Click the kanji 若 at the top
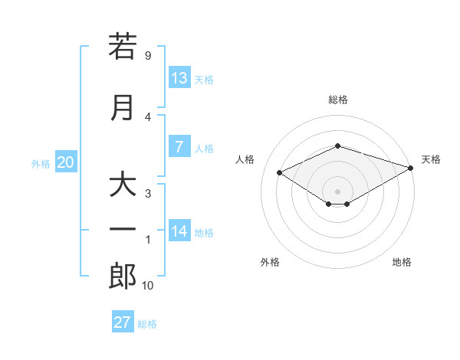(x=123, y=46)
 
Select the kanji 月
(x=122, y=108)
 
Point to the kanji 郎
(x=123, y=277)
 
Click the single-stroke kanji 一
(x=123, y=229)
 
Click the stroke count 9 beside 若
(x=148, y=55)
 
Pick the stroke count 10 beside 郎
(x=147, y=285)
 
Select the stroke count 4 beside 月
(x=148, y=117)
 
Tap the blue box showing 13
(x=179, y=77)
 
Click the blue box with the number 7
(x=179, y=146)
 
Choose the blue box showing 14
(x=179, y=230)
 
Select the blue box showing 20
(x=66, y=162)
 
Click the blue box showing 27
(x=123, y=321)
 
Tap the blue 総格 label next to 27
(x=147, y=324)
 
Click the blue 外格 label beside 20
(x=41, y=164)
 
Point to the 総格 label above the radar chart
(x=338, y=100)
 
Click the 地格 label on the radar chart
(x=402, y=262)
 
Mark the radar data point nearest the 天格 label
(x=411, y=168)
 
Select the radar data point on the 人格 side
(x=280, y=172)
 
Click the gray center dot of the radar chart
(x=337, y=191)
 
